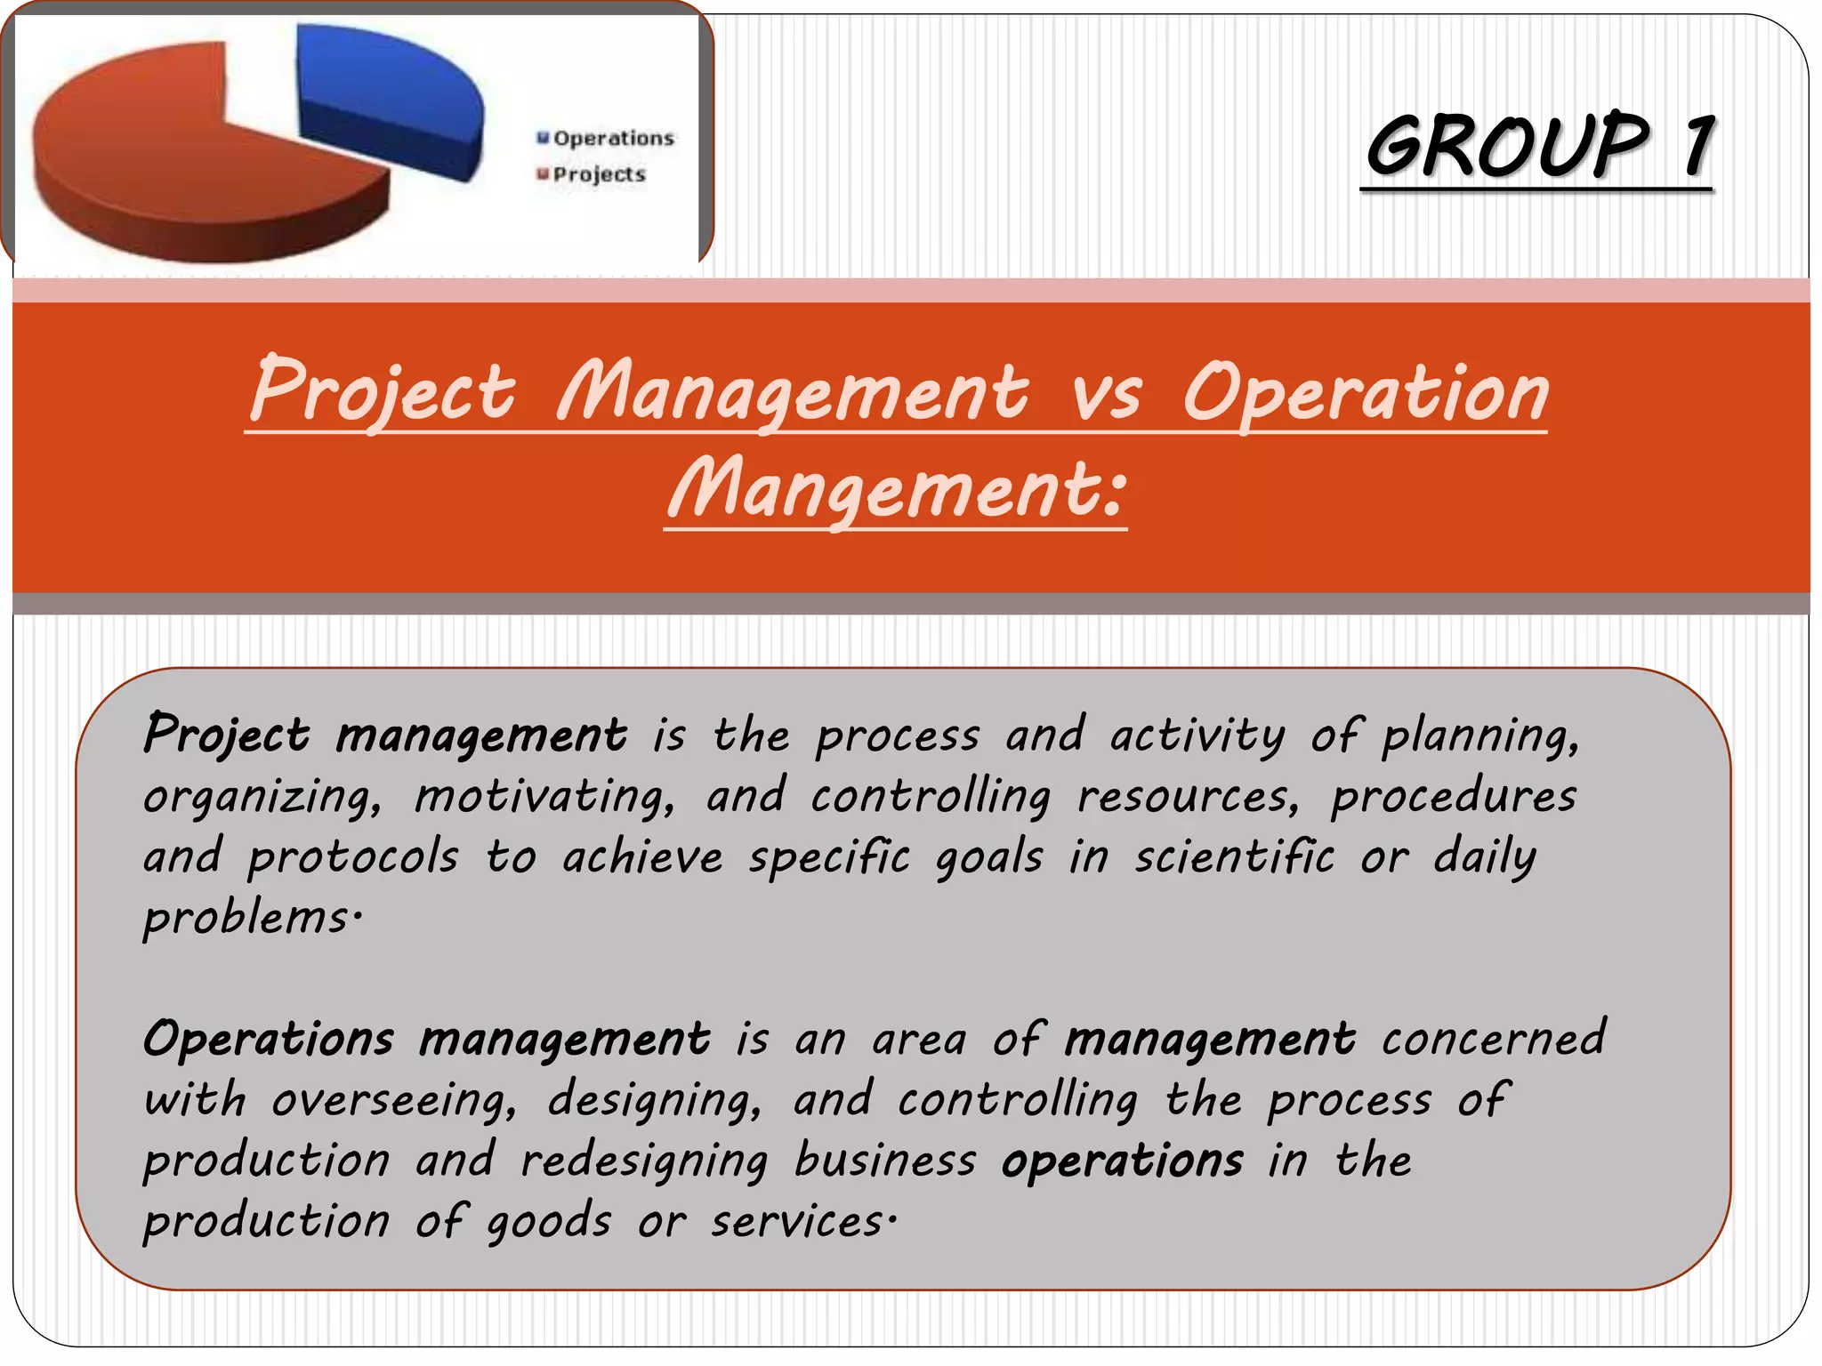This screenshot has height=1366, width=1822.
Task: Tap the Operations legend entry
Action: point(606,139)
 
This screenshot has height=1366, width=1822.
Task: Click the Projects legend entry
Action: point(592,175)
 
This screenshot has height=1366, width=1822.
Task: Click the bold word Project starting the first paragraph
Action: point(227,735)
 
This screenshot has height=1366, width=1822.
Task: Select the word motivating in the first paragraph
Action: point(544,796)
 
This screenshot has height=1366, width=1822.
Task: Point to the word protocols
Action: point(352,857)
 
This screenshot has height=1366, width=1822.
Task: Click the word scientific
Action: point(1234,857)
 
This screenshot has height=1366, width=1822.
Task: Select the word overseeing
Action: point(392,1100)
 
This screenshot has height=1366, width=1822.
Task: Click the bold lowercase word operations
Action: point(1122,1161)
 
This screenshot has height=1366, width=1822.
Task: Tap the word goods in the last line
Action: point(549,1222)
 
